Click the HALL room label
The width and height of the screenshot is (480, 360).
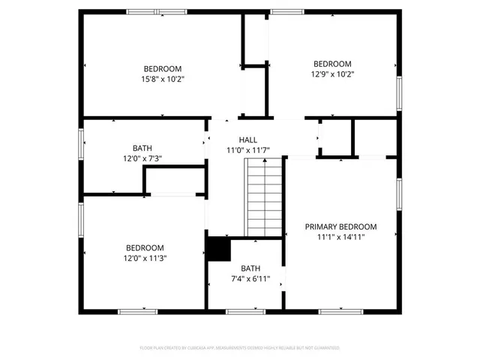click(x=247, y=140)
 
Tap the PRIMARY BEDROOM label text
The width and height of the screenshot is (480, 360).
click(x=340, y=226)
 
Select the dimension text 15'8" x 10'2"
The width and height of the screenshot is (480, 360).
click(x=163, y=79)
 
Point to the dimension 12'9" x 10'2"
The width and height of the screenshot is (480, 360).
click(x=332, y=74)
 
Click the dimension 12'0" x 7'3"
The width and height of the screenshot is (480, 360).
click(x=142, y=158)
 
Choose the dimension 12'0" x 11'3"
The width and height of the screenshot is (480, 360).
click(x=145, y=259)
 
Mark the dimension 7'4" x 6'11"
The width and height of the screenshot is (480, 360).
click(x=250, y=279)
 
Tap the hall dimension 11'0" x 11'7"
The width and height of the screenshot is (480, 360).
click(x=247, y=151)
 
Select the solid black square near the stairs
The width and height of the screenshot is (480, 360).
click(x=218, y=249)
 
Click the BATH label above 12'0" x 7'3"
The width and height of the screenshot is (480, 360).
click(x=142, y=148)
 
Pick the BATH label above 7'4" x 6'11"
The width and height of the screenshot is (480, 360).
click(x=250, y=268)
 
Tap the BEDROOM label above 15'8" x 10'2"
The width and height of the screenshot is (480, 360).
click(x=163, y=68)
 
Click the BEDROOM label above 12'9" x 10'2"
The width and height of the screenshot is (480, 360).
click(x=332, y=64)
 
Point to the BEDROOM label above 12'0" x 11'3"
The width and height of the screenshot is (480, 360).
click(x=145, y=248)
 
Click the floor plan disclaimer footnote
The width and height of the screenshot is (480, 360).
click(x=240, y=348)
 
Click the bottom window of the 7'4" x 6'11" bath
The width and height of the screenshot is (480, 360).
click(x=245, y=311)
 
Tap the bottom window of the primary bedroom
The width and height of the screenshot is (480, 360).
click(x=341, y=311)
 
